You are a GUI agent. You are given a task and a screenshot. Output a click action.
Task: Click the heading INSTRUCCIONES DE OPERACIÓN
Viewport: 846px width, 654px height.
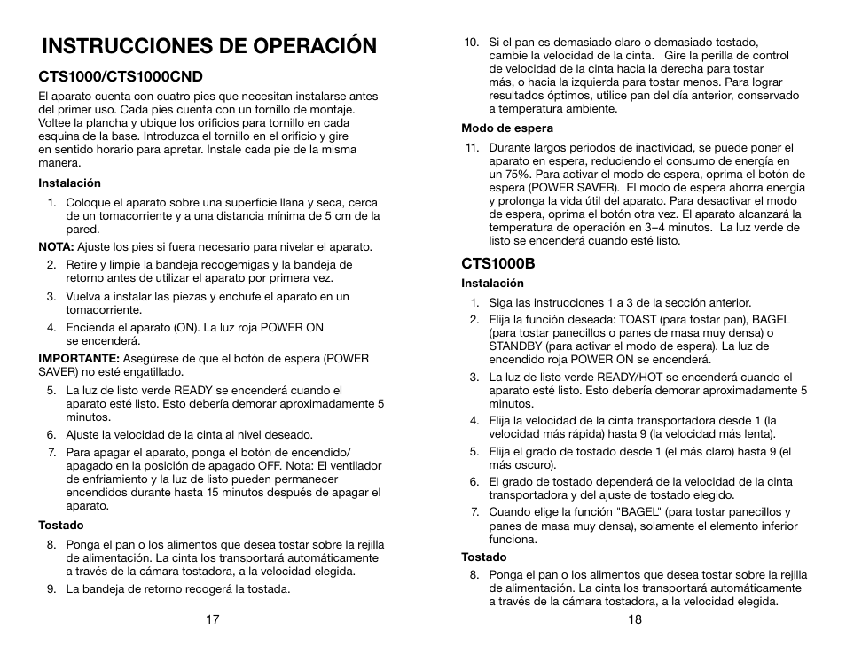pyautogui.click(x=208, y=46)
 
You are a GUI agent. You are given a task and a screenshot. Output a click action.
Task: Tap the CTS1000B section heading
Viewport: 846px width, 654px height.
pyautogui.click(x=497, y=263)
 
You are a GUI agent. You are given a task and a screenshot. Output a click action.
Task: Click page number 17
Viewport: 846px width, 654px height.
pyautogui.click(x=213, y=619)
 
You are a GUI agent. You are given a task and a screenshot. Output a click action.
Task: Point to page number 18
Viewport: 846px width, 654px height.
pyautogui.click(x=634, y=619)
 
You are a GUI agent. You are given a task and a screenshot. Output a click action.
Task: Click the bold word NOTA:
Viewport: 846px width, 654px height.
pyautogui.click(x=56, y=246)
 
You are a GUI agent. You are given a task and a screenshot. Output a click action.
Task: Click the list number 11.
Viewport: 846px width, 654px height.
pyautogui.click(x=472, y=148)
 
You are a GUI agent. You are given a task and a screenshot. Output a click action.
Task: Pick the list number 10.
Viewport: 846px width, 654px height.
pyautogui.click(x=472, y=41)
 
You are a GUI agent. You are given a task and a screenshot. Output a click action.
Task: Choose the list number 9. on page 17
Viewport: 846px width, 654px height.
pyautogui.click(x=52, y=588)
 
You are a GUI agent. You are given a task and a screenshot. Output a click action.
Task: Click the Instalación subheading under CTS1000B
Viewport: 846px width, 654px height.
pyautogui.click(x=492, y=284)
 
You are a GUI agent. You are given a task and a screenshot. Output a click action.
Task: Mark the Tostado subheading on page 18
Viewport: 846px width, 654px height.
pyautogui.click(x=483, y=557)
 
